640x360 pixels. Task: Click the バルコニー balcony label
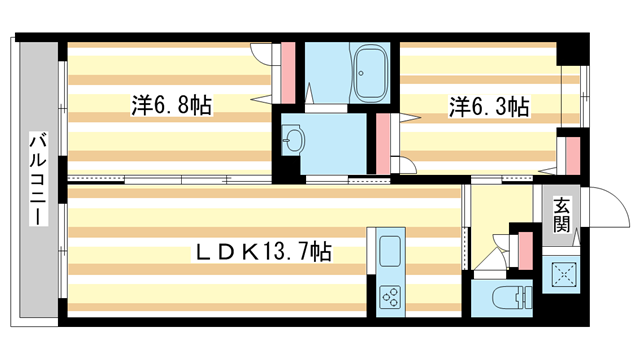[x=37, y=179]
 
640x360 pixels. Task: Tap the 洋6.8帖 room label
[x=171, y=105]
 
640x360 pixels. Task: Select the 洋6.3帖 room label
[x=488, y=105]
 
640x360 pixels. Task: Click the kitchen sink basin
[x=389, y=250]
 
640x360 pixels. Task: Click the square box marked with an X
[x=561, y=271]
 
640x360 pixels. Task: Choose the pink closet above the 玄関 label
[x=573, y=152]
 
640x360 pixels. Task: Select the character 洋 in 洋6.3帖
[x=458, y=105]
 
